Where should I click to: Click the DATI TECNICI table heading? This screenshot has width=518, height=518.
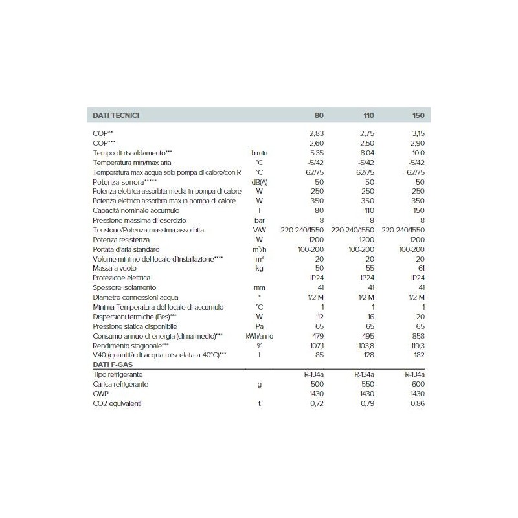116,115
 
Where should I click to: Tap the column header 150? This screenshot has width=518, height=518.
418,115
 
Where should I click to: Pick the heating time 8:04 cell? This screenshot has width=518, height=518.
367,152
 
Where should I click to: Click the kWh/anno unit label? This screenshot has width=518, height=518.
260,336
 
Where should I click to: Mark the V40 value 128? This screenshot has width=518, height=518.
368,355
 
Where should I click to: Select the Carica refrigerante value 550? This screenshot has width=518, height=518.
366,385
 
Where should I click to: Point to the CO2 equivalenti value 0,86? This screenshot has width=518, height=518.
418,404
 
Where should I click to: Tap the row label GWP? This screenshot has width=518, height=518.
101,394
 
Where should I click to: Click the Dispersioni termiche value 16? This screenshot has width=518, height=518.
370,317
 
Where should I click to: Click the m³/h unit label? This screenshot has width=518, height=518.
260,249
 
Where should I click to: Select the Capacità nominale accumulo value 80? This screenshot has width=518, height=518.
317,210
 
